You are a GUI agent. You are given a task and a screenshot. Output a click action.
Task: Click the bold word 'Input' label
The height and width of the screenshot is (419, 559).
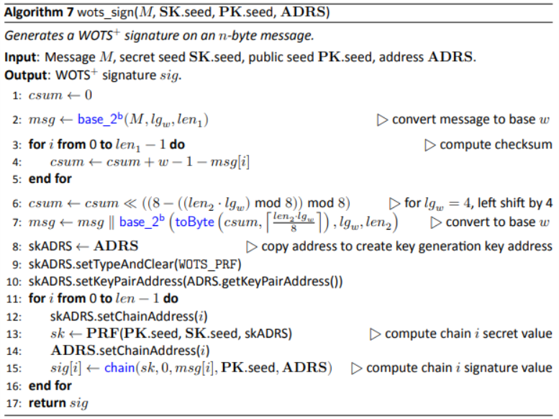tap(22, 58)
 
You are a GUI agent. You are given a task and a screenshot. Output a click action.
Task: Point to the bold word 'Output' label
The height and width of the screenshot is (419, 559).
tap(27, 75)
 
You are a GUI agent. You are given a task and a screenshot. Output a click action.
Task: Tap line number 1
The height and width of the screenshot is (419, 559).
tap(16, 96)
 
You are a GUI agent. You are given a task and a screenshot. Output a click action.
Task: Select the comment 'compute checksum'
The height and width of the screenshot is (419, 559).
tap(495, 145)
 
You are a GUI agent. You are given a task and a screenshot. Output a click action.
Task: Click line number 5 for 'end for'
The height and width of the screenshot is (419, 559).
tap(16, 179)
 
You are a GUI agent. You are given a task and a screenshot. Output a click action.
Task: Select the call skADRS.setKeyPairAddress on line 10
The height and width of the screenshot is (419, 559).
tap(95, 281)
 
